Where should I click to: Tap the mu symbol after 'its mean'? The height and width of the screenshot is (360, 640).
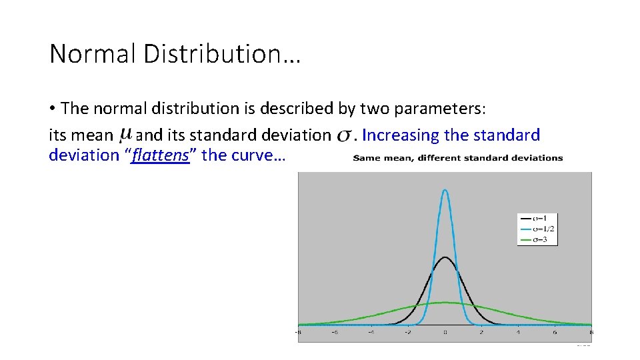point(125,135)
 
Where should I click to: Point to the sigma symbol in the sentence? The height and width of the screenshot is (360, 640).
point(344,136)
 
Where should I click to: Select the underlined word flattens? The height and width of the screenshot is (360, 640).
point(161,155)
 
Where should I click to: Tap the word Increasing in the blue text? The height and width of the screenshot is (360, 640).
point(401,135)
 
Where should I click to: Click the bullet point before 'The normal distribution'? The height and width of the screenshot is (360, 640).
point(52,108)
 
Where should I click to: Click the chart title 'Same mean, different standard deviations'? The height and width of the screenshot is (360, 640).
point(457,158)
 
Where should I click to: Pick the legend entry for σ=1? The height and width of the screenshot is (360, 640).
point(537,218)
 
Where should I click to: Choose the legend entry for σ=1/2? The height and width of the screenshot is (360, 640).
point(537,229)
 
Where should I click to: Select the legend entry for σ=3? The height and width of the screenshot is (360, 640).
point(537,239)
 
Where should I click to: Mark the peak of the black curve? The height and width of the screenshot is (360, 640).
point(445,257)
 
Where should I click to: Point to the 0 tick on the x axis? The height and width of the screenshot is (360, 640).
point(445,332)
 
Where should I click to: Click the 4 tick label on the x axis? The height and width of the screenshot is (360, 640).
point(518,332)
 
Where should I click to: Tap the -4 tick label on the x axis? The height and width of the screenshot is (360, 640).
point(371,332)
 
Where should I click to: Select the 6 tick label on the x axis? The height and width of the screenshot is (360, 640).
point(555,332)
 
